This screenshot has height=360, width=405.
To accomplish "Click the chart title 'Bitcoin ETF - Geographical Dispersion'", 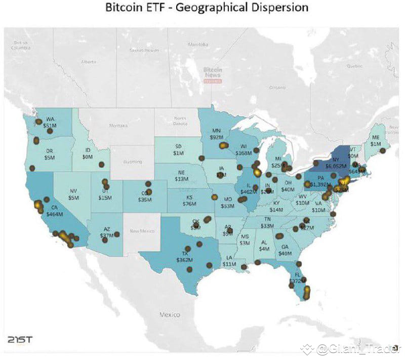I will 206,9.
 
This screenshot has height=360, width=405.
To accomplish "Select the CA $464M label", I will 54,211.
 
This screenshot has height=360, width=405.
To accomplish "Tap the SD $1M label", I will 178,150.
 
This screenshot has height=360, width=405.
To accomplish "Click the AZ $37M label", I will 106,232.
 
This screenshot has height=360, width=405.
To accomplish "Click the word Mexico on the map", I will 170,314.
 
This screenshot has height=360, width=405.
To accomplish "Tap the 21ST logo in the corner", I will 20,339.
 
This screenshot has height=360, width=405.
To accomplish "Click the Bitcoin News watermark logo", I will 213,74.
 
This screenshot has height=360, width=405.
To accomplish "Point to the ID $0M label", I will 88,153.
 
